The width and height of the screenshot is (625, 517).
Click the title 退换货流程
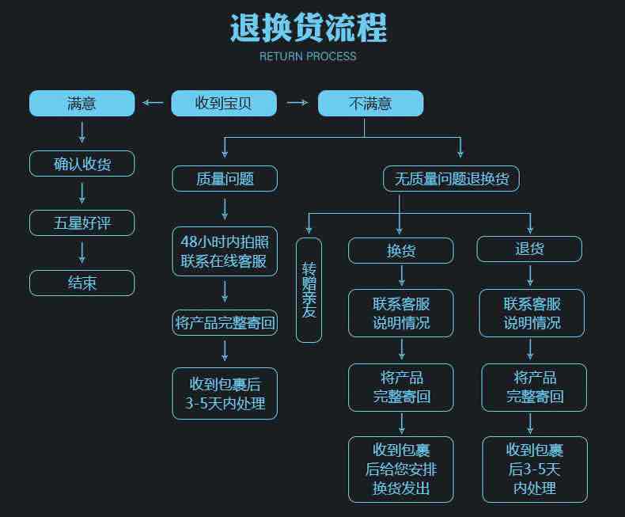point(309,28)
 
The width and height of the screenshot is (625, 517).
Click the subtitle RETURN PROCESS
point(308,56)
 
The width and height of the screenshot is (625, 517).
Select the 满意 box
point(81,103)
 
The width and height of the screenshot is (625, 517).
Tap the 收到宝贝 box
point(224,103)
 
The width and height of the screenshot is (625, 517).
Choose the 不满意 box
point(370,103)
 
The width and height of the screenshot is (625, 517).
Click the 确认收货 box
point(81,164)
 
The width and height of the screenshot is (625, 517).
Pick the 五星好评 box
point(81,222)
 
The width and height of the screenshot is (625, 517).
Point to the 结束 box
point(81,283)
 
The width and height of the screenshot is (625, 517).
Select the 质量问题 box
point(225,179)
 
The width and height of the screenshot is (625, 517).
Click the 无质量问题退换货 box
point(451,179)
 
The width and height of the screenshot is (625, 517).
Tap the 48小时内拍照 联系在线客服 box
point(225,251)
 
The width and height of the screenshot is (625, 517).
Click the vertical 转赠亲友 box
point(309,290)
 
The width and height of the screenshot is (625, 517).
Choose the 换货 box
point(401,250)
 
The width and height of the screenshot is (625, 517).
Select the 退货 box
point(529,249)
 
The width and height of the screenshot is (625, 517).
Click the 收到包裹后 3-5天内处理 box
point(225,393)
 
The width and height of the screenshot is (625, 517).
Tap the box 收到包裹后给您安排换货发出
point(401,469)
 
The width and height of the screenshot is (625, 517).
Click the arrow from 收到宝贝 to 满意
point(153,103)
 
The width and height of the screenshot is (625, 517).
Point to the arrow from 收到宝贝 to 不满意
point(297,103)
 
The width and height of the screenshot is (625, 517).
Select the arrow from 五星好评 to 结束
point(81,253)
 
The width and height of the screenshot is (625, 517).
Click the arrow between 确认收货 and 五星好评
point(81,193)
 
